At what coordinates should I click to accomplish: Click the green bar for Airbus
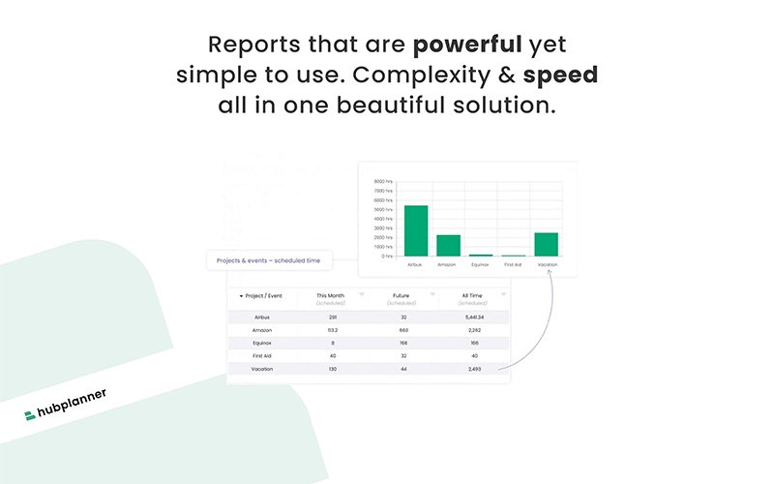click(416, 230)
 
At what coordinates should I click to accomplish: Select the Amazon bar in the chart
click(448, 245)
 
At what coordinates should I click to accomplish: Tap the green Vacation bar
click(546, 244)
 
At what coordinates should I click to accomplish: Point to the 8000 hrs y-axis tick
click(383, 181)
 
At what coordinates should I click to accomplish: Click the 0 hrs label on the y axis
click(386, 257)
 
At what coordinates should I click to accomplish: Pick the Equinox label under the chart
click(481, 264)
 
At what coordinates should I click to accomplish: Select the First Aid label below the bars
click(514, 264)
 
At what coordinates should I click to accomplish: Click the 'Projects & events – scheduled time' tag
click(269, 259)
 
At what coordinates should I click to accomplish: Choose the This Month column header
click(330, 296)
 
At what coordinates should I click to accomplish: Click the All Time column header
click(473, 296)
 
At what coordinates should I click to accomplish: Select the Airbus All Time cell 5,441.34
click(473, 317)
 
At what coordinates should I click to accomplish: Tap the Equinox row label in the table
click(261, 343)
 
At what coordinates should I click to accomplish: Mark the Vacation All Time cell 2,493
click(473, 369)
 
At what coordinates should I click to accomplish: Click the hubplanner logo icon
click(31, 415)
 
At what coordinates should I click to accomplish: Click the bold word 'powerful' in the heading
click(467, 45)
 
